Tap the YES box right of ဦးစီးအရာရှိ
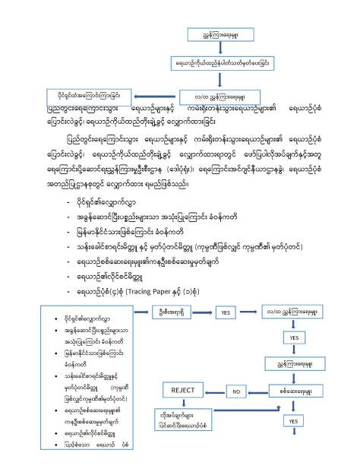point(226,312)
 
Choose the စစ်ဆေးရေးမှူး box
point(294,391)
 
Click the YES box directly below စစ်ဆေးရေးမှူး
point(294,420)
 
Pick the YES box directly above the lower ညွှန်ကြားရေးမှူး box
point(294,337)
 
